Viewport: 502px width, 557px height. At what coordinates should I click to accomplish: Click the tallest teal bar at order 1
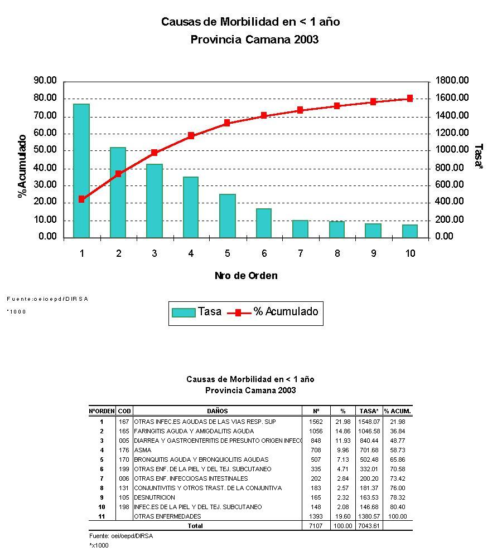pos(81,170)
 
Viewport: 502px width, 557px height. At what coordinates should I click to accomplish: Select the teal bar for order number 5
pos(227,216)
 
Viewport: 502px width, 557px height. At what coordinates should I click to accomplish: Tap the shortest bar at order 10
pos(410,231)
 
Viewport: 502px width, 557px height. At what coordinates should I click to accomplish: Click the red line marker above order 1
pos(81,199)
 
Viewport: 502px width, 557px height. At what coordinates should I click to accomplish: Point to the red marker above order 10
pos(410,98)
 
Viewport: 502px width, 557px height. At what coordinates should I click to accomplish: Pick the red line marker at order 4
pos(191,135)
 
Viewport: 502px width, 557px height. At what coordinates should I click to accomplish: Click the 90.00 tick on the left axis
pos(45,81)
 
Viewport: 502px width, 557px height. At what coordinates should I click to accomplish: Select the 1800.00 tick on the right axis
pos(452,81)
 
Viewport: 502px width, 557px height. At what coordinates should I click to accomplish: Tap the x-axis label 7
pos(300,253)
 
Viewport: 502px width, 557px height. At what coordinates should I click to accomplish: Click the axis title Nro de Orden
pos(246,276)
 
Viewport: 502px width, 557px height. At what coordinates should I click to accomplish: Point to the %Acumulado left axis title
pos(22,166)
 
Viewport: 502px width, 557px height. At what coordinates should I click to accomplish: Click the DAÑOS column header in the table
pos(217,411)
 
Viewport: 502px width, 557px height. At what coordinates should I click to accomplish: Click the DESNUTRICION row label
pos(155,497)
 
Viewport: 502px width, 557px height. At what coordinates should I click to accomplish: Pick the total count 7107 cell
pos(316,526)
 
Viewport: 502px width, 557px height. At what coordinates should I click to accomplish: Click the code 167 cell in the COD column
pos(124,422)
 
